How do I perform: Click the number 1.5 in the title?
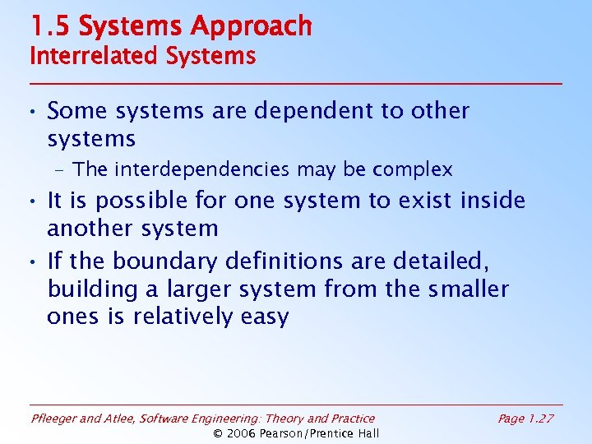pyautogui.click(x=50, y=26)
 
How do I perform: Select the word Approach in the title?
pyautogui.click(x=251, y=26)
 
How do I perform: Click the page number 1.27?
pyautogui.click(x=539, y=419)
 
